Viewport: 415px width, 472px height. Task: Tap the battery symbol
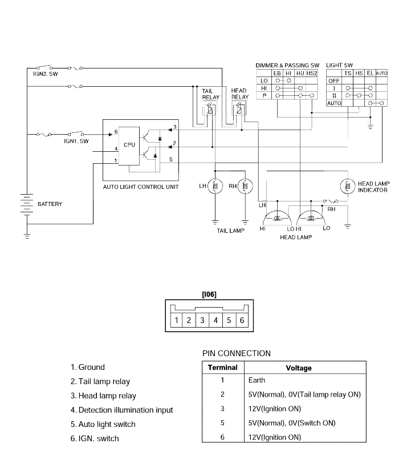[27, 204]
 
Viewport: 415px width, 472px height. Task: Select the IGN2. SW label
[46, 74]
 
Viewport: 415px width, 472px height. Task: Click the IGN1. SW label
[76, 141]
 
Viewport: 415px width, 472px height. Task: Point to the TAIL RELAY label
[210, 94]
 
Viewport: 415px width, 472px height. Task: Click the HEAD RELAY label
[239, 94]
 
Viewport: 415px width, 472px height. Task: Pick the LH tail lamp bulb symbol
[215, 186]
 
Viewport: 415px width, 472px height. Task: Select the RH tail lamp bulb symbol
[245, 186]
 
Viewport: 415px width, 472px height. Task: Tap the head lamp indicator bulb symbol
[348, 186]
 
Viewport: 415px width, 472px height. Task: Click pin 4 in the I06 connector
[215, 320]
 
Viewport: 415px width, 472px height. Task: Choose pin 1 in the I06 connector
[177, 320]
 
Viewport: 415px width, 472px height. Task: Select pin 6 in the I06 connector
[242, 320]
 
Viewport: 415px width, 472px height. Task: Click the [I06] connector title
[209, 294]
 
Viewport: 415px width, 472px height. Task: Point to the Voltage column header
[299, 368]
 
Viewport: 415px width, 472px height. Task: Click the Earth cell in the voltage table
[257, 380]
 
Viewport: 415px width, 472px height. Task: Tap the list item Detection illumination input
[122, 410]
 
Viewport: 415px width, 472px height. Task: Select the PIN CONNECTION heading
[237, 353]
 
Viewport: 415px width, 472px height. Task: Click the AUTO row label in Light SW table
[334, 103]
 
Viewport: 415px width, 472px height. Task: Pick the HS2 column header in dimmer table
[312, 73]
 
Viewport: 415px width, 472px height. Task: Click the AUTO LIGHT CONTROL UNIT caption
[141, 187]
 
